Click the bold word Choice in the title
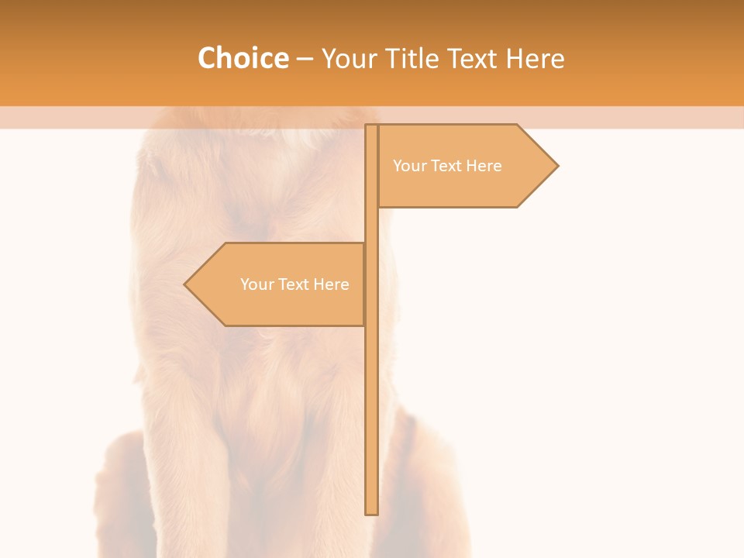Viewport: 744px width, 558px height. [243, 58]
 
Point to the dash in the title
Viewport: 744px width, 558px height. [305, 59]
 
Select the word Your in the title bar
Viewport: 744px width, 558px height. [350, 59]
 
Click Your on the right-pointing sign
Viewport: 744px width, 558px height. [409, 166]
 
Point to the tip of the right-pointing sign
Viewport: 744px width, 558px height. [556, 165]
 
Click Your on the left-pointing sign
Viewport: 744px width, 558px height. [257, 284]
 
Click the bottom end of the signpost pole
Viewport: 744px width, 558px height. [371, 512]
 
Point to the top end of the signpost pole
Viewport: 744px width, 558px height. [371, 126]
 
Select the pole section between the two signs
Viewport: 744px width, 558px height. [371, 225]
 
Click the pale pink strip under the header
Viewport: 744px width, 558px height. [620, 117]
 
